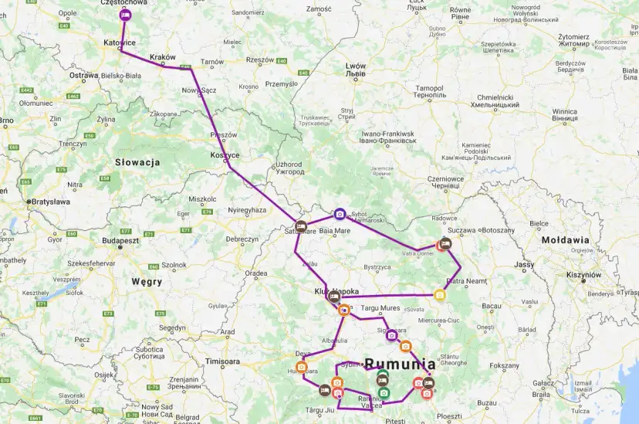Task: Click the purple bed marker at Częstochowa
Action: click(x=126, y=15)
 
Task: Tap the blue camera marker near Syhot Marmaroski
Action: click(x=340, y=214)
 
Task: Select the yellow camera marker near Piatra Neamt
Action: click(x=439, y=294)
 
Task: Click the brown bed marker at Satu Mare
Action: click(x=302, y=228)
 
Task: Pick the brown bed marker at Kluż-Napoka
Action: click(x=334, y=296)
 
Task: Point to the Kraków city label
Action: click(x=164, y=57)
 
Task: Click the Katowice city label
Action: click(x=120, y=42)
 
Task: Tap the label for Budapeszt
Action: click(x=119, y=241)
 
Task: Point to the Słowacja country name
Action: click(x=137, y=162)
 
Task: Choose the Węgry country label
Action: click(x=147, y=282)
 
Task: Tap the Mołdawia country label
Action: click(x=565, y=240)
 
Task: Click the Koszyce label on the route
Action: click(x=225, y=155)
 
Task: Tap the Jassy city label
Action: click(x=524, y=265)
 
